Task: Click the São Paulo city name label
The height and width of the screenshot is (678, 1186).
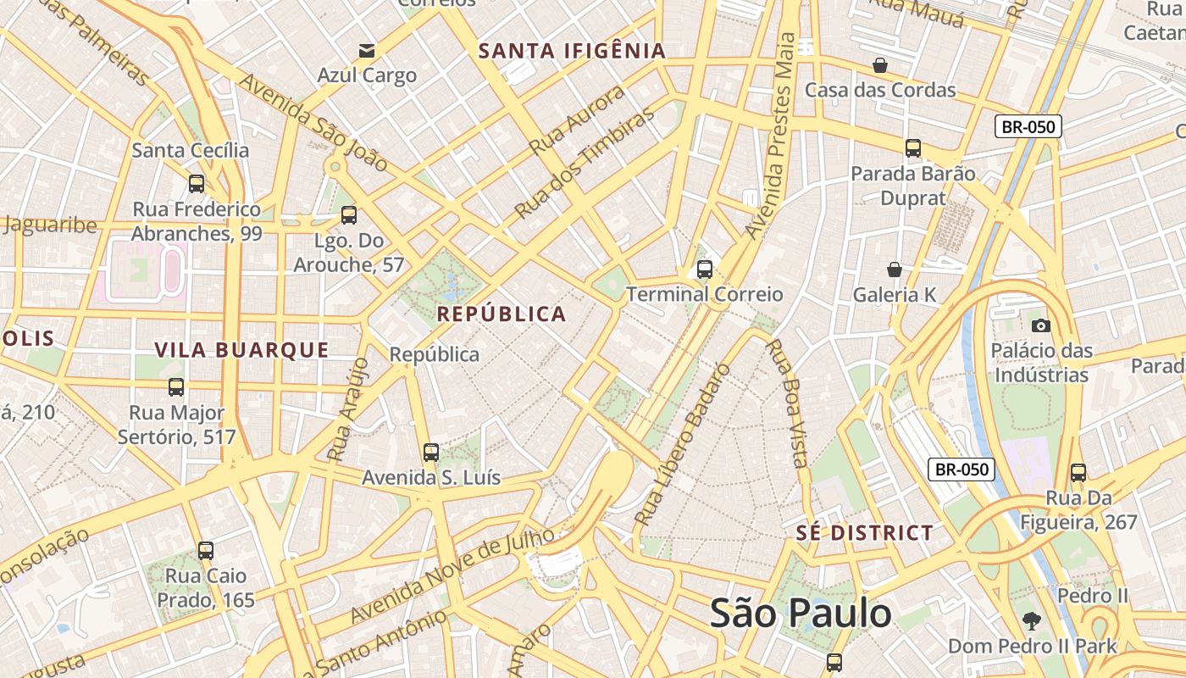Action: [x=801, y=613]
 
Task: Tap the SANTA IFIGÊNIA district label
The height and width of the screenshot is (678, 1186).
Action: [x=572, y=51]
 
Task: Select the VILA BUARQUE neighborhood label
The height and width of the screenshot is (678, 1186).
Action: [x=241, y=350]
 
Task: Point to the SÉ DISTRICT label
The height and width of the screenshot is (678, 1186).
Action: [x=865, y=533]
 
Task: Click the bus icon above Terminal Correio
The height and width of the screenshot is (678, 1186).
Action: [x=704, y=270]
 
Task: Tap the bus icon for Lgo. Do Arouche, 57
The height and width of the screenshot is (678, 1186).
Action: [x=348, y=215]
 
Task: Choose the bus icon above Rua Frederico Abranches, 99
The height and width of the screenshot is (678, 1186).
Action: [x=197, y=183]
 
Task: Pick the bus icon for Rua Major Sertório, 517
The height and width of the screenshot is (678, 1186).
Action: [x=176, y=387]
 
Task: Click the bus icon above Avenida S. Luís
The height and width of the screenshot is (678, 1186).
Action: [x=431, y=452]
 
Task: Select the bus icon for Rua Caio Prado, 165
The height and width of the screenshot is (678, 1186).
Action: [x=206, y=550]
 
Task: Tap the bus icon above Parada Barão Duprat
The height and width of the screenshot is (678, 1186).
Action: [x=912, y=148]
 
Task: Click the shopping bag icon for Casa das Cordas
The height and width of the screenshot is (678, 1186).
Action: [x=880, y=64]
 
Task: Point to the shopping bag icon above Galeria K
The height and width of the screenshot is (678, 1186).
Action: [x=895, y=270]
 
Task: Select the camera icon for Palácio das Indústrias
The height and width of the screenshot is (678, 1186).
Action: [x=1041, y=325]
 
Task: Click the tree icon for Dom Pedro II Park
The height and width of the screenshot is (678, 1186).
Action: [x=1031, y=620]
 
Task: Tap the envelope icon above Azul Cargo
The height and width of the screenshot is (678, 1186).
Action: [x=367, y=50]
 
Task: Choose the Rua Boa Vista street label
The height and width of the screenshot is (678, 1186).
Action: [x=785, y=403]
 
